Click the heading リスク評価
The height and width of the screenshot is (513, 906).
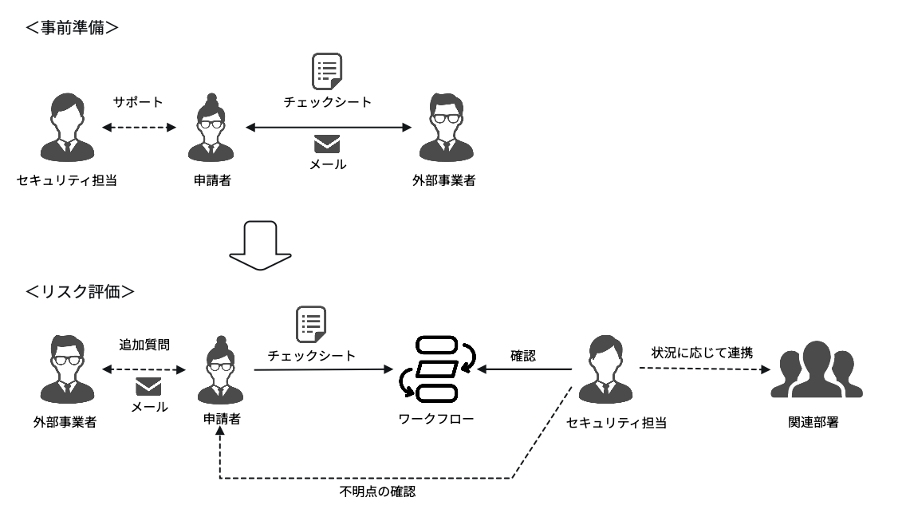(80, 292)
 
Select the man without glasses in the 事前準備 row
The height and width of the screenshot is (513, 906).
(68, 128)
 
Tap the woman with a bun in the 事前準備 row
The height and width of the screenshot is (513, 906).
(211, 128)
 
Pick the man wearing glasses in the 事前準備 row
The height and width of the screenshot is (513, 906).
(446, 128)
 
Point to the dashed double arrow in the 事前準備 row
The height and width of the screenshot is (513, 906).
(139, 127)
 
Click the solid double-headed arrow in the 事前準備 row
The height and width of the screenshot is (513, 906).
(328, 127)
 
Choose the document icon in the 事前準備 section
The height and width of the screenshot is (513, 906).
(327, 71)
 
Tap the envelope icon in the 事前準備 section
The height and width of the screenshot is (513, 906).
(327, 144)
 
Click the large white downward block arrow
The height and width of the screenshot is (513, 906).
(260, 245)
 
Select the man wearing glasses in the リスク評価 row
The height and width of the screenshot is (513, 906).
(67, 369)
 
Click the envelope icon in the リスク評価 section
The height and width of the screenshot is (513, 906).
(148, 387)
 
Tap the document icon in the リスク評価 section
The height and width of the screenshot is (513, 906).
(311, 324)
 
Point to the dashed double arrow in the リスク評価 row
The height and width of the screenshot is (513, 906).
(144, 369)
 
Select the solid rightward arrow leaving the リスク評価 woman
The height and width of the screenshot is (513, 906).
(323, 369)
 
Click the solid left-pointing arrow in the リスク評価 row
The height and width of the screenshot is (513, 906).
(524, 369)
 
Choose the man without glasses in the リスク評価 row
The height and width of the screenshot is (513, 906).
(605, 369)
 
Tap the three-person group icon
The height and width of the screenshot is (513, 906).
(817, 370)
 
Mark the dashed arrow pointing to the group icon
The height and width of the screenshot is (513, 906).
(704, 369)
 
